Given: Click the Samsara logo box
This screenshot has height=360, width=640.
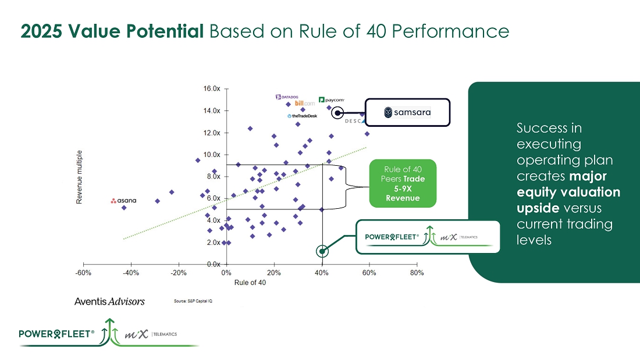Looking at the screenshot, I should (407, 112).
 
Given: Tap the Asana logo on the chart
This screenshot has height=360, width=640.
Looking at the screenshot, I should (123, 201).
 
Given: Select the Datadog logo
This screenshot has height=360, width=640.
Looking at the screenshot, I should (286, 97).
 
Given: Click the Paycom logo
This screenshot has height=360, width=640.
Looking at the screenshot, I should (331, 99).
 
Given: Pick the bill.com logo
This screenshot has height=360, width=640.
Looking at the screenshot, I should (305, 104).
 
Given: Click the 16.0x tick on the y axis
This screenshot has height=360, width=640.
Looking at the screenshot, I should (211, 88).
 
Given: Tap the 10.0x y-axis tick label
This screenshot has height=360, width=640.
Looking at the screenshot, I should (211, 155).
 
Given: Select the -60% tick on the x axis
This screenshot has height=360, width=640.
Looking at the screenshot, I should (83, 272).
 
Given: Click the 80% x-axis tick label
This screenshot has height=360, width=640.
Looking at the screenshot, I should (417, 272).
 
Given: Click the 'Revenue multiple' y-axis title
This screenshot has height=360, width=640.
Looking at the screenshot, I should (79, 177).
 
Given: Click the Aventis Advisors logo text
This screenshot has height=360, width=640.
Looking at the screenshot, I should (109, 301).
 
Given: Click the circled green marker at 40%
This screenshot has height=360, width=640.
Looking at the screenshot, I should (322, 251).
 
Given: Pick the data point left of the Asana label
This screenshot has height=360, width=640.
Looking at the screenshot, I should (124, 207).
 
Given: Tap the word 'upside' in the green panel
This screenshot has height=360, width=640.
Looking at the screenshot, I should (538, 208).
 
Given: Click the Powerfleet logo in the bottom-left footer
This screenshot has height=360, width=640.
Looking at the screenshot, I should (57, 334).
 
